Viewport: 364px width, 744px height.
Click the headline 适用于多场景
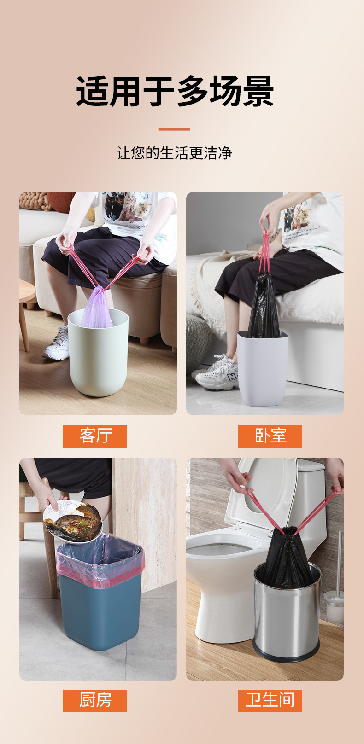point(175,91)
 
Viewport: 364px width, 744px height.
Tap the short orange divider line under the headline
point(174,129)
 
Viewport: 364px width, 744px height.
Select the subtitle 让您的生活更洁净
point(174,153)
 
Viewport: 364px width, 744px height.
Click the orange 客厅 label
point(95,436)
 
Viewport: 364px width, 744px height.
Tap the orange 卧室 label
point(270,436)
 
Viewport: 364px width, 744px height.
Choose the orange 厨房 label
point(95,700)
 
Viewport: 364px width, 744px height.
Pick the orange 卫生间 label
point(270,700)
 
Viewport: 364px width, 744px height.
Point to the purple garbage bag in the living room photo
point(97,308)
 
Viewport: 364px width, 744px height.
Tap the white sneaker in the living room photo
point(57,344)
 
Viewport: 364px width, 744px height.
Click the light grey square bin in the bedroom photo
point(262,368)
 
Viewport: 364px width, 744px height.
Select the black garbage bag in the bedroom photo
point(264,306)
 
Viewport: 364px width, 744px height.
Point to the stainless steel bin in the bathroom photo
point(287,617)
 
